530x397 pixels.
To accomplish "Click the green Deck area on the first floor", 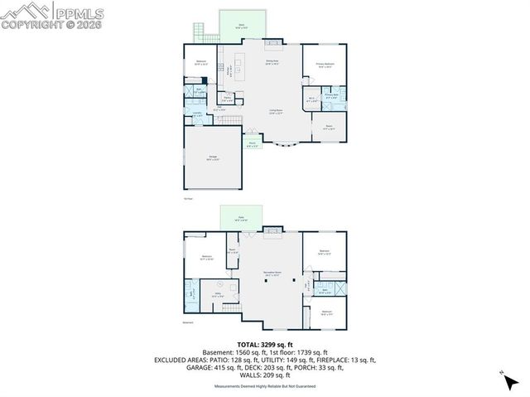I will click(x=241, y=25).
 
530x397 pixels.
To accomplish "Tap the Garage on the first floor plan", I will click(x=213, y=158).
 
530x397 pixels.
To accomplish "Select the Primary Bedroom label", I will click(x=324, y=64).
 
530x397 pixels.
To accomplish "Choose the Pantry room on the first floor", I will click(x=226, y=98).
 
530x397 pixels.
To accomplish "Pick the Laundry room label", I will click(x=197, y=114).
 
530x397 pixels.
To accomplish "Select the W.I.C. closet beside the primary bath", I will click(x=311, y=99).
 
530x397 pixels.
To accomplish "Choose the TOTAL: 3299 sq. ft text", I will click(x=265, y=344).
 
